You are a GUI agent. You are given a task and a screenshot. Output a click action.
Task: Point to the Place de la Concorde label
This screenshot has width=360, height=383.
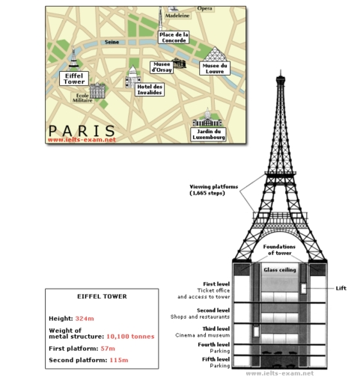(174, 37)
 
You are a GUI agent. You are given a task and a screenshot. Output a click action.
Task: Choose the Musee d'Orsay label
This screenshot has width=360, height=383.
(162, 68)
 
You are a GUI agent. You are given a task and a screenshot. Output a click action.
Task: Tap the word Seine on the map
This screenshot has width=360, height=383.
(112, 43)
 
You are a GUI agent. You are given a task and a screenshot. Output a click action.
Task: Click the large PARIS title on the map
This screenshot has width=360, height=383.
(82, 129)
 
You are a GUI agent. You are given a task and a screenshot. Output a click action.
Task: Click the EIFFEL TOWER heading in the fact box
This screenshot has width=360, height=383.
(103, 296)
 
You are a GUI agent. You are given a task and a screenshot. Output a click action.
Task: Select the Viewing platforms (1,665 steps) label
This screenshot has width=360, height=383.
(212, 190)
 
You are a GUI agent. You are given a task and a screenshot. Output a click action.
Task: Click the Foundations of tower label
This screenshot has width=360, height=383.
(281, 250)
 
